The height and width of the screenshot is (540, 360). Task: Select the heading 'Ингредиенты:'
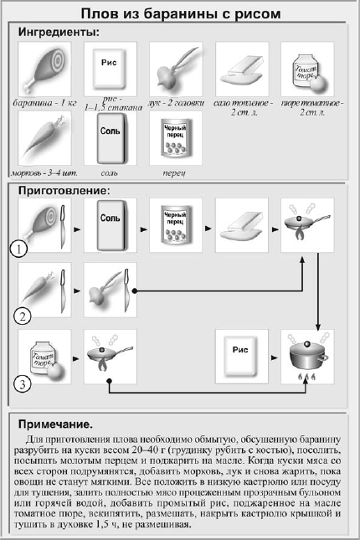59,33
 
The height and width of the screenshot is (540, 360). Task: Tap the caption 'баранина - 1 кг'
44,103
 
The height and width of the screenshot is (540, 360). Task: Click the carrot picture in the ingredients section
44,138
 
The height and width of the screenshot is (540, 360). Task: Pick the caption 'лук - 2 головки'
176,103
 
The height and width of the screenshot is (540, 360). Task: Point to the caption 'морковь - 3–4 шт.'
44,172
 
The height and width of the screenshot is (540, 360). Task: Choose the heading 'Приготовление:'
64,190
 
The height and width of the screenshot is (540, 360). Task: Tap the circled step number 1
18,249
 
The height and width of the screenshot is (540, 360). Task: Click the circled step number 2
23,316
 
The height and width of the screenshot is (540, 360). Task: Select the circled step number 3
23,383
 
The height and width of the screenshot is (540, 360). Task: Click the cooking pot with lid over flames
307,357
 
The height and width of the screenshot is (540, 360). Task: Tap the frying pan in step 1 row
306,224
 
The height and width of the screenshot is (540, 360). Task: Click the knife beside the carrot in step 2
63,291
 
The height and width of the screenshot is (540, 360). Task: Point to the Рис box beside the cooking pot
240,356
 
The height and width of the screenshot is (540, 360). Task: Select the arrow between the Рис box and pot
275,357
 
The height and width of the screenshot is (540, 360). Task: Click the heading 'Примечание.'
55,424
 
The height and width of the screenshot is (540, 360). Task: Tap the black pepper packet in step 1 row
176,224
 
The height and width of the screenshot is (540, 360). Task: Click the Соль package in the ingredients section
111,138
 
